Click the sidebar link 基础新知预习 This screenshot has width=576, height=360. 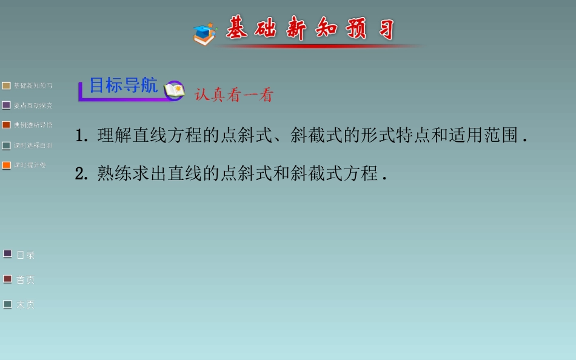tap(33, 86)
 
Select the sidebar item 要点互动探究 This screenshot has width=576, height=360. tap(33, 105)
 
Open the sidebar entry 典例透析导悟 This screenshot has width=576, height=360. tap(33, 125)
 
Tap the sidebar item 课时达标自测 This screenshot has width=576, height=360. tap(33, 145)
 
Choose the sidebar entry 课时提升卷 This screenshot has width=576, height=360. tap(30, 165)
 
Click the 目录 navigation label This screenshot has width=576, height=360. tap(25, 255)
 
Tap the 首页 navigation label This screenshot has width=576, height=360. tap(25, 280)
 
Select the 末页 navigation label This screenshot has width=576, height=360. tap(25, 305)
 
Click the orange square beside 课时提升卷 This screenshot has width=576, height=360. tap(7, 165)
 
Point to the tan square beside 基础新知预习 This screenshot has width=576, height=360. tap(7, 86)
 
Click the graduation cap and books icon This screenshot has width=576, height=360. tap(205, 34)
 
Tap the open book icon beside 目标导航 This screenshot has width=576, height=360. tap(174, 90)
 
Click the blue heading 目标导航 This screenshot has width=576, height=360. tap(124, 85)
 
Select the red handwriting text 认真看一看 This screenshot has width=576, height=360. tap(234, 95)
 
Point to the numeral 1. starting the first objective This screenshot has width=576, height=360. tap(82, 136)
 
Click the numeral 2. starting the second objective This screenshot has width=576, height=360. tap(82, 174)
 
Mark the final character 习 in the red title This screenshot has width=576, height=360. tap(384, 28)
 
